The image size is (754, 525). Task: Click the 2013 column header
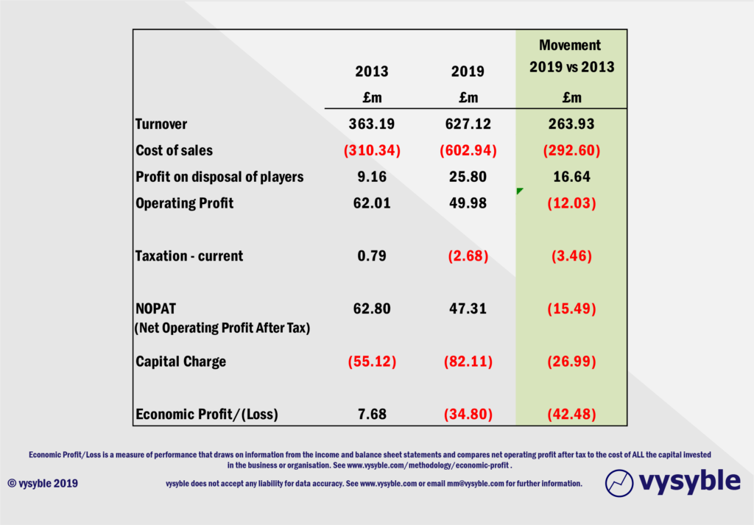point(371,71)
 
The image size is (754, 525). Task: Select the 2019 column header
point(468,71)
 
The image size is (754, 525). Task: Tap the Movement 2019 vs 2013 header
point(571,56)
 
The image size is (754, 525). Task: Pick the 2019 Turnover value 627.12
point(468,124)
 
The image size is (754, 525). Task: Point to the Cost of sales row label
point(175,150)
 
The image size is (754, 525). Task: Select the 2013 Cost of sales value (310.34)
point(371,150)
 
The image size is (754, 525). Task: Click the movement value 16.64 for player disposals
point(571,177)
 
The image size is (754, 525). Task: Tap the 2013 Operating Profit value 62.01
point(371,203)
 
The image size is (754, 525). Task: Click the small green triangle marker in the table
point(520,191)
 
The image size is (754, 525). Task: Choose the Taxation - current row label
point(189,256)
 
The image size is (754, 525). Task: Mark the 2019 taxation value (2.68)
point(468,256)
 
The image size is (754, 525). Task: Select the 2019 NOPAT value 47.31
point(468,309)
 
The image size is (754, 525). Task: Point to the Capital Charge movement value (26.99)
point(571,362)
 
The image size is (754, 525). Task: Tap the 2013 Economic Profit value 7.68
point(371,415)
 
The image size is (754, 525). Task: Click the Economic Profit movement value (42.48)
point(571,415)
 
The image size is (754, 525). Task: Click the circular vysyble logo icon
point(619,482)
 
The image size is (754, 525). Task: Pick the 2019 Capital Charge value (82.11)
point(468,362)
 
